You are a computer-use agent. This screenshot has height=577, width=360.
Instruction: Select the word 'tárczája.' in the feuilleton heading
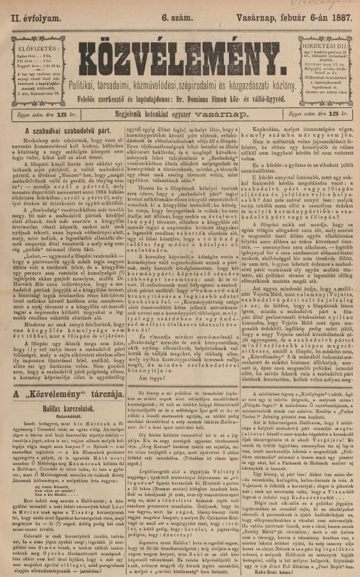coord(100,377)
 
